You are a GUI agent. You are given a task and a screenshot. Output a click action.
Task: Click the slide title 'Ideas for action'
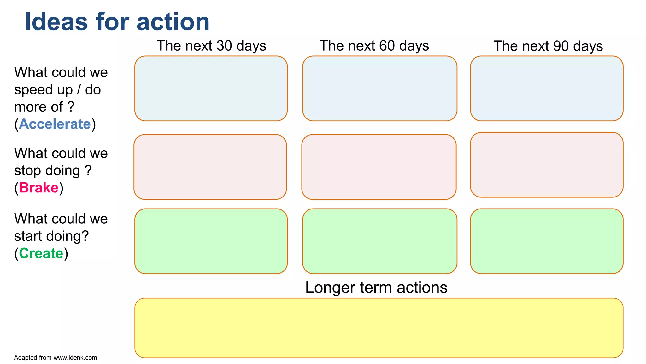[117, 22]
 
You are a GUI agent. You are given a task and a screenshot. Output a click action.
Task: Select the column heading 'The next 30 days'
[211, 46]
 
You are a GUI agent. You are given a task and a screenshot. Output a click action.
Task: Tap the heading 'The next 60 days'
[374, 46]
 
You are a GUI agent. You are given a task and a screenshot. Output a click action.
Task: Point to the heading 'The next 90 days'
[548, 46]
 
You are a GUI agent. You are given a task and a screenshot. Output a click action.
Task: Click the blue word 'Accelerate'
[55, 124]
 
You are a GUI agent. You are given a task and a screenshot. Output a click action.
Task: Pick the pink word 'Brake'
[39, 188]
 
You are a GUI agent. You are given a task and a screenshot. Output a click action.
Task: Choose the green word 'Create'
[41, 253]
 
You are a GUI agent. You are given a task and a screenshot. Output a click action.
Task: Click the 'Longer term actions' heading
[376, 288]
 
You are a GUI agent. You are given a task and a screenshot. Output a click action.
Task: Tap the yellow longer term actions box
[379, 328]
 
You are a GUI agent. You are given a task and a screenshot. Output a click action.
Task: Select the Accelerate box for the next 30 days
[211, 88]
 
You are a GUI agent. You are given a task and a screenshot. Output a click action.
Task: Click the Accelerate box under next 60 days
[379, 88]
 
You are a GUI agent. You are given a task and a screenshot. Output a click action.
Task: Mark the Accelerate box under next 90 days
[547, 88]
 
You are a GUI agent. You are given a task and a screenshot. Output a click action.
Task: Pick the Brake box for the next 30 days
[210, 167]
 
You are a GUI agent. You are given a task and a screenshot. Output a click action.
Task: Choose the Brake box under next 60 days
[379, 167]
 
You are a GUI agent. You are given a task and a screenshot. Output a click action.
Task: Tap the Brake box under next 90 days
[547, 165]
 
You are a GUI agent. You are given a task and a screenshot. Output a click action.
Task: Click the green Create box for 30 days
[211, 241]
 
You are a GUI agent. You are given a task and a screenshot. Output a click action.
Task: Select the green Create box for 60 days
[379, 241]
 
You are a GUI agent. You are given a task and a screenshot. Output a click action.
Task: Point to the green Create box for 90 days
[547, 241]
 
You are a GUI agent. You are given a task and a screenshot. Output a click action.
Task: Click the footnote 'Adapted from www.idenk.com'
[56, 358]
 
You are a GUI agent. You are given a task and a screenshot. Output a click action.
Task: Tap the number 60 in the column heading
[387, 46]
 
